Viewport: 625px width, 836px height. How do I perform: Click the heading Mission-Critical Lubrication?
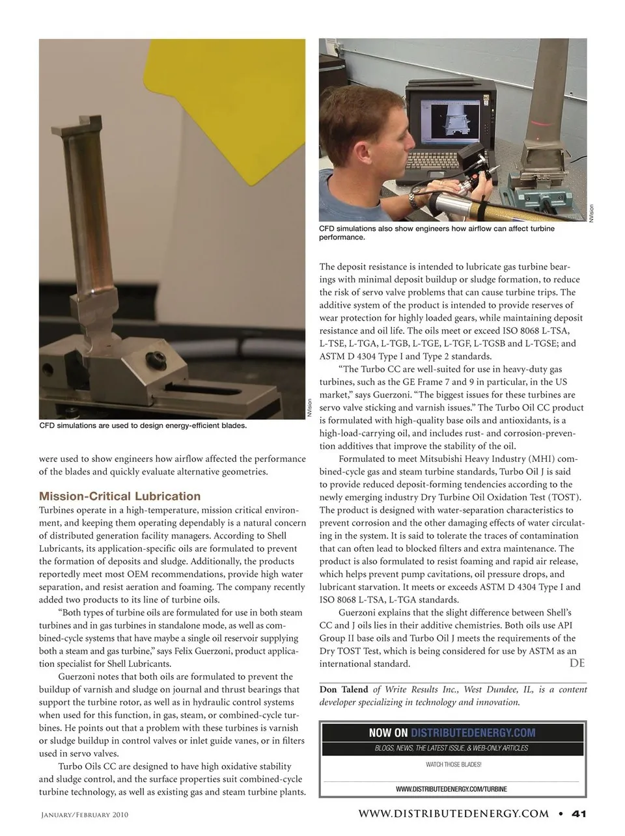pos(120,496)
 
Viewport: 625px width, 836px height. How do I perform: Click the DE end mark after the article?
pos(577,663)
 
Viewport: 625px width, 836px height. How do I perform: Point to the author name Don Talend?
pos(344,690)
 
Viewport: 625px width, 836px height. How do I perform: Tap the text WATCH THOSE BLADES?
pos(453,764)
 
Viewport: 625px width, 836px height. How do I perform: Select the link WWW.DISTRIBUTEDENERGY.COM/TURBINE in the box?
pos(451,789)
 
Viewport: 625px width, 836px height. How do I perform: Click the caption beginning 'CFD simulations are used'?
pos(143,426)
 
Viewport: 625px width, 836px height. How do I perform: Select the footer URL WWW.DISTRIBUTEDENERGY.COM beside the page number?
pos(453,813)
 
